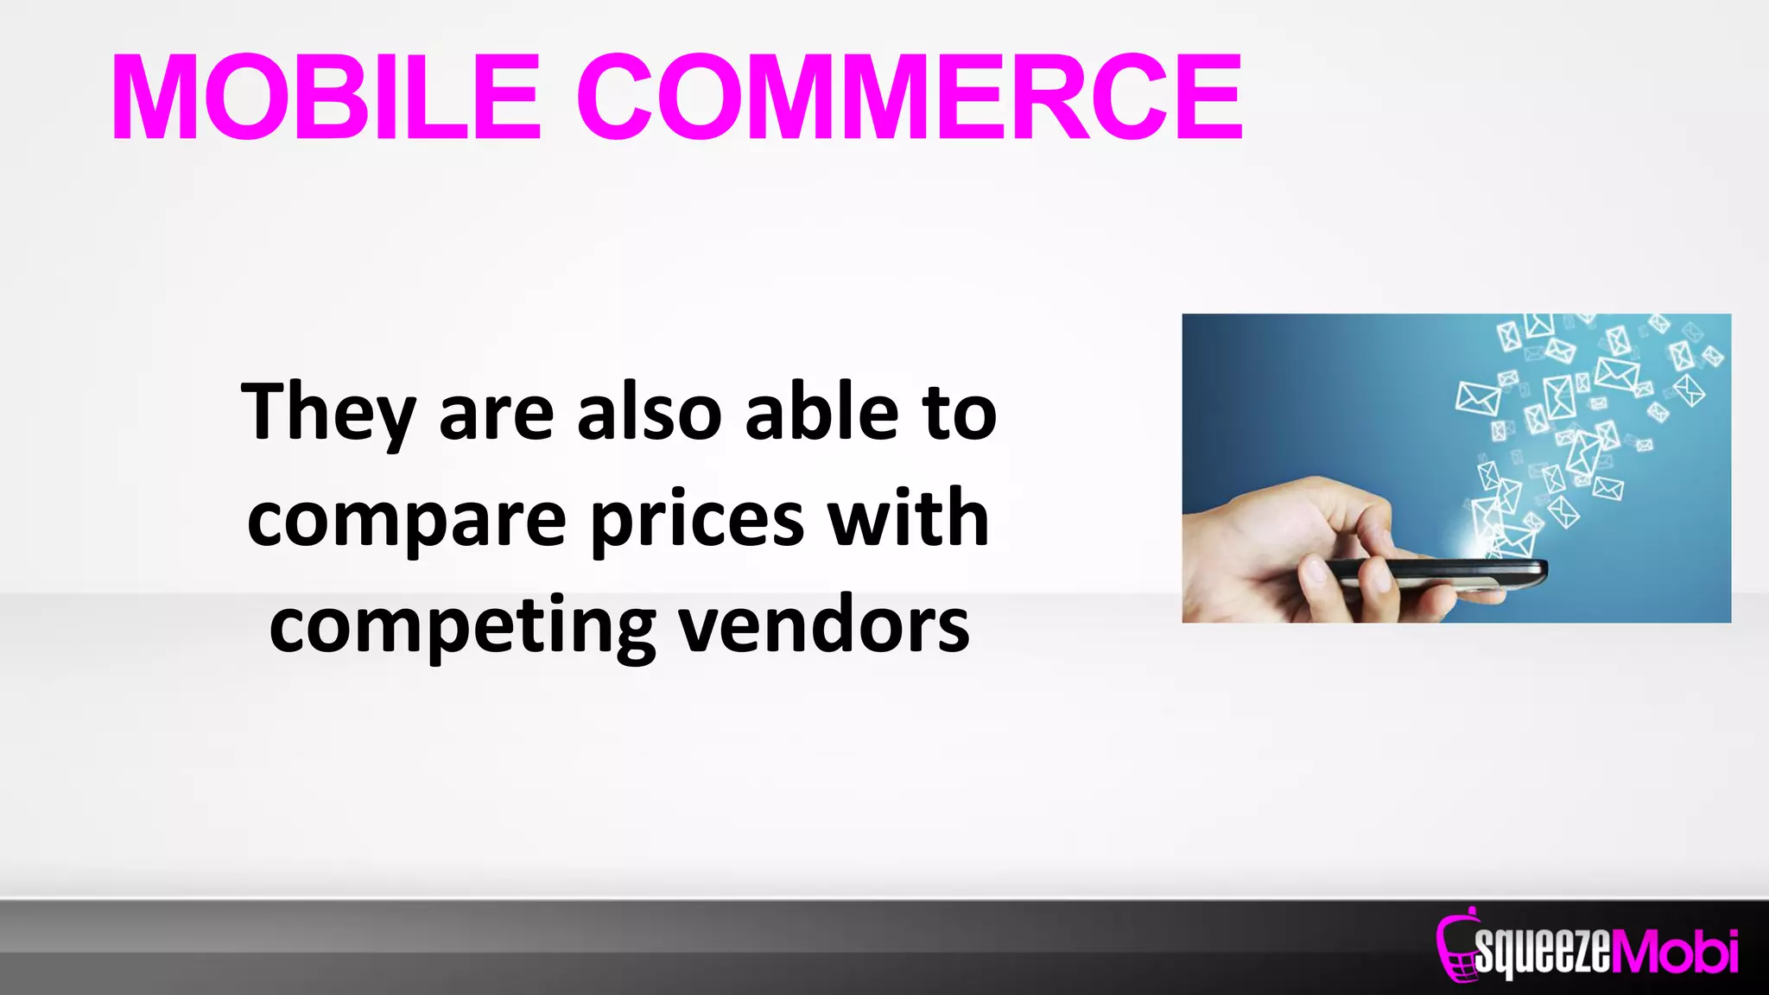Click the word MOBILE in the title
[x=327, y=97]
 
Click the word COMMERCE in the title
[x=910, y=97]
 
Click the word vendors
[x=824, y=625]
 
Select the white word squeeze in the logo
[x=1543, y=952]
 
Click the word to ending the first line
[x=960, y=413]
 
